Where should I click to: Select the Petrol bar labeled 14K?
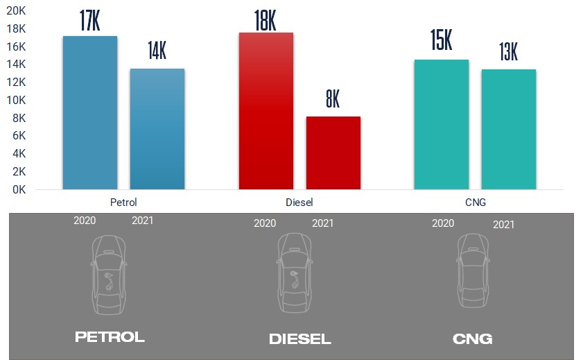[157, 129]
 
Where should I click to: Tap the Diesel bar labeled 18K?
[266, 111]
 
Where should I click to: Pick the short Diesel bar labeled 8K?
[333, 153]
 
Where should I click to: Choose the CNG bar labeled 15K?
[441, 124]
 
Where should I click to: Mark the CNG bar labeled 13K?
[509, 129]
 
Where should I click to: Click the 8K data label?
[333, 99]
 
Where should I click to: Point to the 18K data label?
[266, 21]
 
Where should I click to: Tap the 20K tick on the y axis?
[17, 10]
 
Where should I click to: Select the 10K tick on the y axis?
[17, 100]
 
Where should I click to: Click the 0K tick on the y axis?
[19, 189]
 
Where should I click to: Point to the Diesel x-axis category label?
[299, 202]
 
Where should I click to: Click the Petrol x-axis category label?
[123, 202]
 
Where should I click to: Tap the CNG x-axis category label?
[475, 202]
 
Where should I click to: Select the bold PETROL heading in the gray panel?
[110, 338]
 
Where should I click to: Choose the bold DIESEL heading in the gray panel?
[299, 339]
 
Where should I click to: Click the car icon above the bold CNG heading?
[473, 271]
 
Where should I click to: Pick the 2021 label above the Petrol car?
[142, 221]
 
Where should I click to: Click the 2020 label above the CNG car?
[443, 223]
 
